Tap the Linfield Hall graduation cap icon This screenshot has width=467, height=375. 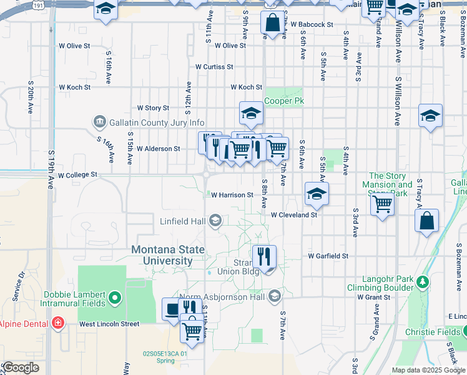pyautogui.click(x=215, y=220)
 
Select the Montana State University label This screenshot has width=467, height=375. pyautogui.click(x=167, y=255)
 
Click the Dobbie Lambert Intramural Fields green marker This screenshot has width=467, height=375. pyautogui.click(x=114, y=298)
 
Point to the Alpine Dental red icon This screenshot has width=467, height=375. pyautogui.click(x=57, y=323)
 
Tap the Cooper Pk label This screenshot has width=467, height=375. pyautogui.click(x=284, y=101)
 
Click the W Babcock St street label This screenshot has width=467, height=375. pyautogui.click(x=312, y=25)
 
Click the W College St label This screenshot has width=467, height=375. pyautogui.click(x=78, y=176)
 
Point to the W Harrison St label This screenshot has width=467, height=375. pyautogui.click(x=232, y=195)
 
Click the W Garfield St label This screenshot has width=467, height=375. pyautogui.click(x=327, y=256)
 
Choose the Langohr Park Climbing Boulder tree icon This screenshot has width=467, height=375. pyautogui.click(x=423, y=282)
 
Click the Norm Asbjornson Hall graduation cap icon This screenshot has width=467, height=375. pyautogui.click(x=274, y=296)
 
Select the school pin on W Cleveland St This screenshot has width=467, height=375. pyautogui.click(x=317, y=193)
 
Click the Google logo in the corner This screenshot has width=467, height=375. pyautogui.click(x=21, y=368)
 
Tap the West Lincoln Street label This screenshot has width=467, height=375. pyautogui.click(x=109, y=324)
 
